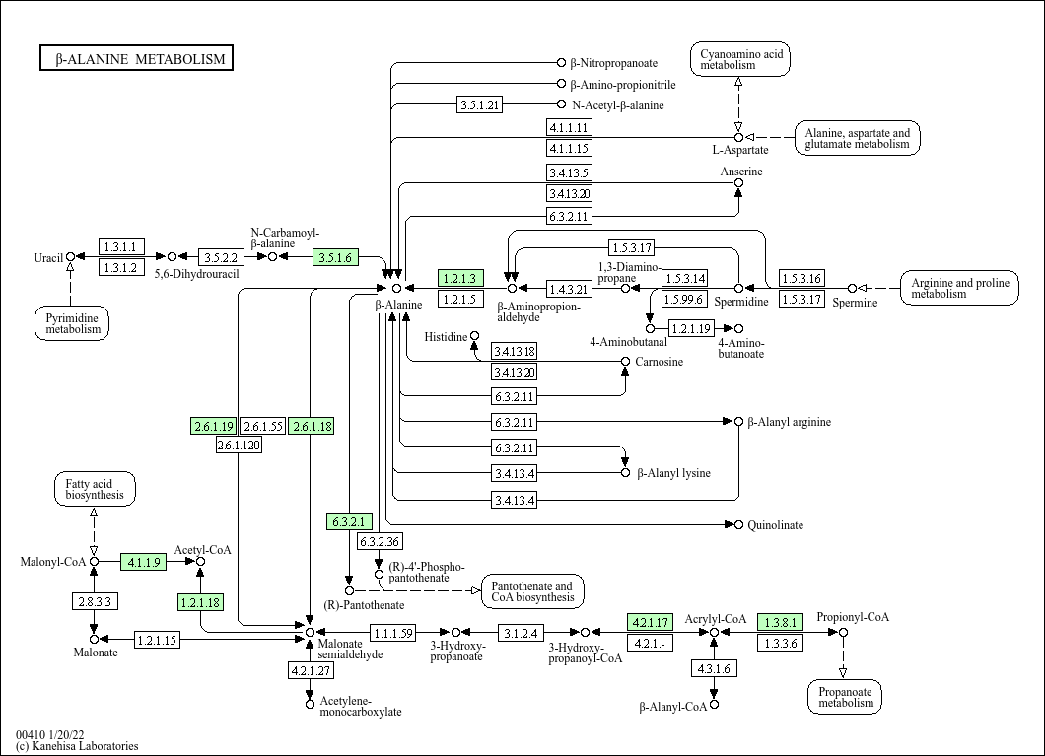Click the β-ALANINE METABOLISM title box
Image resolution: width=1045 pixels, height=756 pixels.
[x=136, y=59]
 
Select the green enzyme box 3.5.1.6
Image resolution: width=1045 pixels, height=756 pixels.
[x=335, y=257]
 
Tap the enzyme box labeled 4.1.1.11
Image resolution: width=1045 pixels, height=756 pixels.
[x=569, y=127]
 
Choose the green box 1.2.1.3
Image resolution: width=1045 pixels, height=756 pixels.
[x=460, y=279]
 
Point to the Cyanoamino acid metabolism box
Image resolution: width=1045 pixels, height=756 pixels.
[x=740, y=59]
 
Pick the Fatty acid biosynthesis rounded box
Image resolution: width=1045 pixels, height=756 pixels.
[x=95, y=489]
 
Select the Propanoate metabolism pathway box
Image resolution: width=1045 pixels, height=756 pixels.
[x=845, y=696]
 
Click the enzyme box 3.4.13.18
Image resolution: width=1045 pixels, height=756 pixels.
[x=514, y=351]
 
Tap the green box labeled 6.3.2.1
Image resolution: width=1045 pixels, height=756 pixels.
[x=350, y=521]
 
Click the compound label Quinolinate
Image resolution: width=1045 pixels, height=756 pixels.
[x=775, y=525]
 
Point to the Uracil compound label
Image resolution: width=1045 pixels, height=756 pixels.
[x=48, y=258]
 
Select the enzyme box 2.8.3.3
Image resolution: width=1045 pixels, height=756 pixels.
[x=95, y=600]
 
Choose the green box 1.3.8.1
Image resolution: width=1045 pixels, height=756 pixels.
[x=781, y=622]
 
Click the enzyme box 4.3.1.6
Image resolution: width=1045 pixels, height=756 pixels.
[x=714, y=668]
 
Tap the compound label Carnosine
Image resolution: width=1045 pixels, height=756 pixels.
[x=659, y=362]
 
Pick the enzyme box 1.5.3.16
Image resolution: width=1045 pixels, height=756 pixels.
[x=801, y=279]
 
